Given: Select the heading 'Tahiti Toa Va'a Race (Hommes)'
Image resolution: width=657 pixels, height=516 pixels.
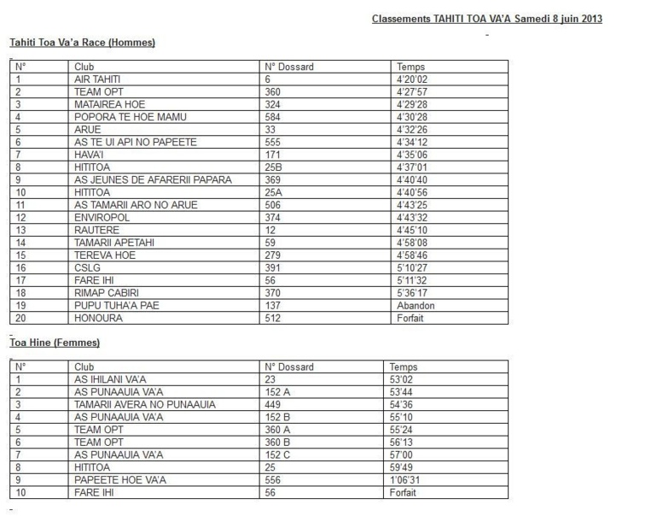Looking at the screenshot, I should [82, 42].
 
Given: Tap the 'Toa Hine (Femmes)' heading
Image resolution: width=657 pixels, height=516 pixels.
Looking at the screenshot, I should [55, 343].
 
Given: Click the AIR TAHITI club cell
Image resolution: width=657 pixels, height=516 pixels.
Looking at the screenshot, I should [97, 79].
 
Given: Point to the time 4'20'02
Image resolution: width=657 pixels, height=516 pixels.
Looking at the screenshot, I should [412, 79].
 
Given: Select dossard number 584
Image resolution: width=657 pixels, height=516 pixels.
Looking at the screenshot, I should [273, 116].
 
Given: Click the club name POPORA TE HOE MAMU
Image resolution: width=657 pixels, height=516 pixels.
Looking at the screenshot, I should [130, 116].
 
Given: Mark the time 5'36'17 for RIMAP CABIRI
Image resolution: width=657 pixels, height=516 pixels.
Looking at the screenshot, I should [412, 293].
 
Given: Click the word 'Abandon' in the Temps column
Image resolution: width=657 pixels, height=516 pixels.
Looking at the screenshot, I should [416, 305].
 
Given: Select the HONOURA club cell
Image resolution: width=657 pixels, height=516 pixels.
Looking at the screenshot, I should [99, 318].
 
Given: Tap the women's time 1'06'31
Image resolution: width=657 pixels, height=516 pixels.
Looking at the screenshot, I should [404, 480].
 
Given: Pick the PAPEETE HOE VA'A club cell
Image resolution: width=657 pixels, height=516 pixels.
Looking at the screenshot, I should [120, 480].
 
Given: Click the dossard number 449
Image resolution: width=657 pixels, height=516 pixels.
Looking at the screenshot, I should [273, 404].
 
